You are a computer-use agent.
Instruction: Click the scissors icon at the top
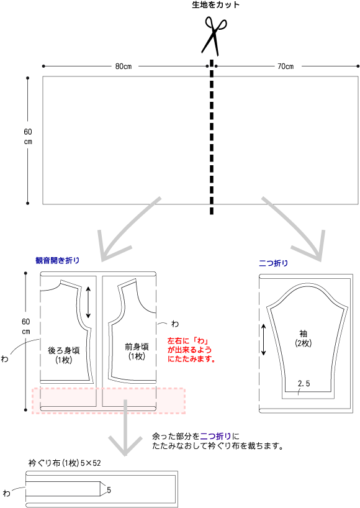coord(214,35)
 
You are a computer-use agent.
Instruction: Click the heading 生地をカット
coord(215,5)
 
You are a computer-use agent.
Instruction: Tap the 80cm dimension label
coord(124,66)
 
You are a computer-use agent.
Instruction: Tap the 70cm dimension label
coord(286,66)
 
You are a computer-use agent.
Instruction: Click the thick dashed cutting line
coord(212,137)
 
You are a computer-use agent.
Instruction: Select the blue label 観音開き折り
coord(57,260)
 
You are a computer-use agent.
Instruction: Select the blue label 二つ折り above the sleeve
coord(273,263)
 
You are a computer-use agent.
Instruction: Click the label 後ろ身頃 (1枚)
coord(63,355)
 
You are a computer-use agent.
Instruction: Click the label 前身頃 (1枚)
coord(137,352)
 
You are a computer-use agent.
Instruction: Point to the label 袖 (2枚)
coord(303,338)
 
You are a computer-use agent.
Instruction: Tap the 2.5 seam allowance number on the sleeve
coord(304,384)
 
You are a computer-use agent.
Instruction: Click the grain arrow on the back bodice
coord(88,302)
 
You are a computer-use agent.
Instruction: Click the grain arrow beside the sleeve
coord(264,340)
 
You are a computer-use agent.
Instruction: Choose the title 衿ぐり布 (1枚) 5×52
coord(65,463)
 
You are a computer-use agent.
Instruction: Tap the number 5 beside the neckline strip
coord(109,490)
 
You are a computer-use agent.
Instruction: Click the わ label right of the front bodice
coord(175,324)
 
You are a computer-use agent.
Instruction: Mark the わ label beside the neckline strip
coord(6,493)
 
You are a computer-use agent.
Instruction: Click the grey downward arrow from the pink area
coord(125,428)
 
